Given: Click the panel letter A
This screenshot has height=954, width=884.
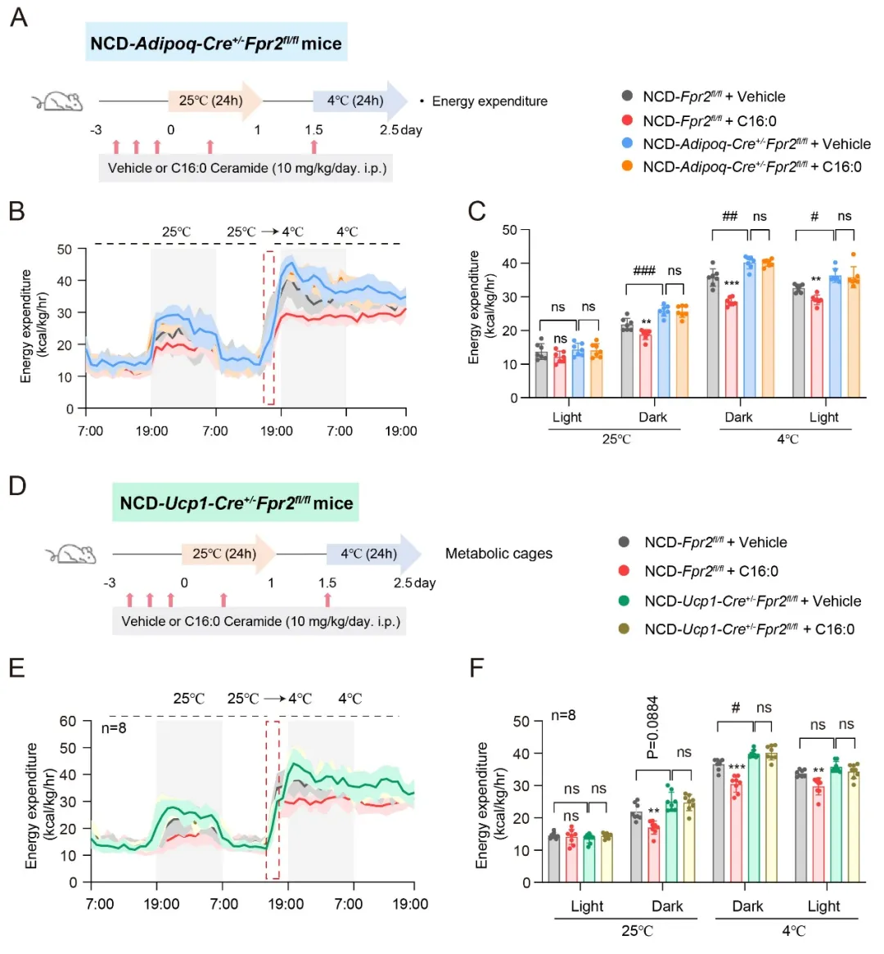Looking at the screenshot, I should click(x=18, y=17).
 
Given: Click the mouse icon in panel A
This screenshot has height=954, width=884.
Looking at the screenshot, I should click(x=57, y=101).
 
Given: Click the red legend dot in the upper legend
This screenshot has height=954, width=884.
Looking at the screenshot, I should click(x=627, y=120).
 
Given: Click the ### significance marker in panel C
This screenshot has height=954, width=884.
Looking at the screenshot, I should click(x=644, y=271).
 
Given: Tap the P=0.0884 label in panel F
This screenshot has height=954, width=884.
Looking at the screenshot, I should click(x=652, y=727).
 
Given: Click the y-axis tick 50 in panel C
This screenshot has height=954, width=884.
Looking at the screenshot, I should click(x=510, y=230).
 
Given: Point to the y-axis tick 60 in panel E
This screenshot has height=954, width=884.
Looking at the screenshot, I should click(x=68, y=722).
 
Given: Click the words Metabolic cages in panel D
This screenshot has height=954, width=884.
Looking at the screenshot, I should click(x=498, y=554).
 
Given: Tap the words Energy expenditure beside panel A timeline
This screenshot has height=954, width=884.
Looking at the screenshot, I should click(x=489, y=101).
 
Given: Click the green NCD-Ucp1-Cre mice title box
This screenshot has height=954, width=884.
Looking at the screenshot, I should click(x=236, y=502).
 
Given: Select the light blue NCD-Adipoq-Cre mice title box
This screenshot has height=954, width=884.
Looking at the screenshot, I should click(x=216, y=43).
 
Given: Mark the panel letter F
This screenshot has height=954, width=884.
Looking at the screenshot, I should click(x=478, y=668).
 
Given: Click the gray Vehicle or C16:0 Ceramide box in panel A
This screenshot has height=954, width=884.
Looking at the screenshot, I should click(x=246, y=169).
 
